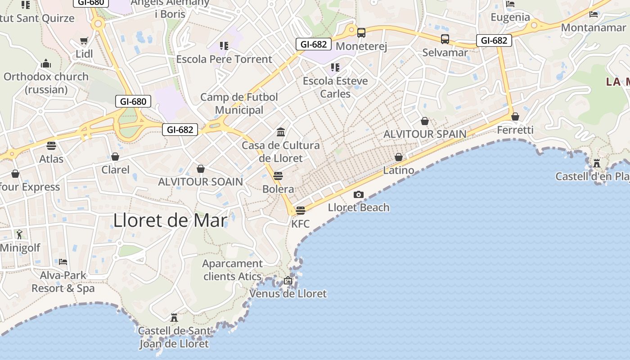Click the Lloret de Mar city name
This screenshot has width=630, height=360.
coord(170,220)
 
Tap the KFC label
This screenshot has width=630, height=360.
coord(300,224)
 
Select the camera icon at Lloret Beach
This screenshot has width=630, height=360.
coord(359,194)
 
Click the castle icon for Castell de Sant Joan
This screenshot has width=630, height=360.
coord(174,317)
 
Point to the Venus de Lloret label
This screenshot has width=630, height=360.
coord(288,294)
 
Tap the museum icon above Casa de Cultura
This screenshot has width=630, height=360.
coord(281,132)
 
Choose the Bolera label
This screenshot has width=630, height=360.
coord(278,189)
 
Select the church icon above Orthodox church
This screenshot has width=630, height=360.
coord(46,63)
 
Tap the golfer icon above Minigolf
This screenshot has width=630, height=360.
coord(19,234)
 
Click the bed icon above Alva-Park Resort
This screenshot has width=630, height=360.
coord(63,261)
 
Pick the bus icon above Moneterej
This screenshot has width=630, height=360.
coord(361,32)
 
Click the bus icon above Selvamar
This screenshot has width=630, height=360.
coord(445,39)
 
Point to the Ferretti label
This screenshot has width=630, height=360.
coord(515,130)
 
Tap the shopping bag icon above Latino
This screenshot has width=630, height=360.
coord(398,157)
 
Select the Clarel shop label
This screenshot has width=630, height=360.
coord(115,170)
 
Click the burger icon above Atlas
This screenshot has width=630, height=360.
coord(51,146)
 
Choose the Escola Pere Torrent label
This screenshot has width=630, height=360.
coord(224,59)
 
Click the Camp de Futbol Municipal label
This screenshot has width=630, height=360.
coord(239,103)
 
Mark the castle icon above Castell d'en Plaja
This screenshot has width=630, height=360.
coord(597,163)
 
